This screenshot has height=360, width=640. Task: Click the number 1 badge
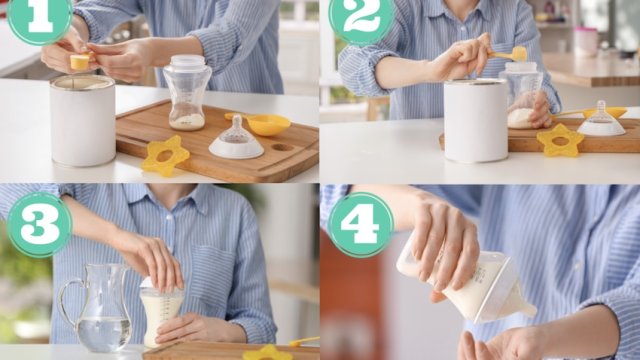point(39,18)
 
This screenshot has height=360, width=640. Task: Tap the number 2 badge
point(361,18)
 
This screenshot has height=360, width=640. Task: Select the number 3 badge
point(40,224)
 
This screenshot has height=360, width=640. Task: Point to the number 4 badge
point(361,224)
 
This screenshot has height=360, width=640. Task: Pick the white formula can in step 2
point(476,121)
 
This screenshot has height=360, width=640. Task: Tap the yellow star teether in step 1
point(165,156)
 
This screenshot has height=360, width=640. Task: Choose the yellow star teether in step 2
point(560,140)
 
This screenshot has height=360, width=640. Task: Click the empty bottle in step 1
point(187,93)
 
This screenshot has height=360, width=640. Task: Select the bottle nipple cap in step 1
point(236,139)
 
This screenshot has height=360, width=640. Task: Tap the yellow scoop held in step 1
point(80,61)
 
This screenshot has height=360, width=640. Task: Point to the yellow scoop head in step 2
point(520,53)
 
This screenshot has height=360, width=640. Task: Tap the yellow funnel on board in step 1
point(260,123)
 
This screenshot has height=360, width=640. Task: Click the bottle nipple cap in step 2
point(601,120)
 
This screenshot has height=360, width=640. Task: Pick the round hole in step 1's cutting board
point(282,147)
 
